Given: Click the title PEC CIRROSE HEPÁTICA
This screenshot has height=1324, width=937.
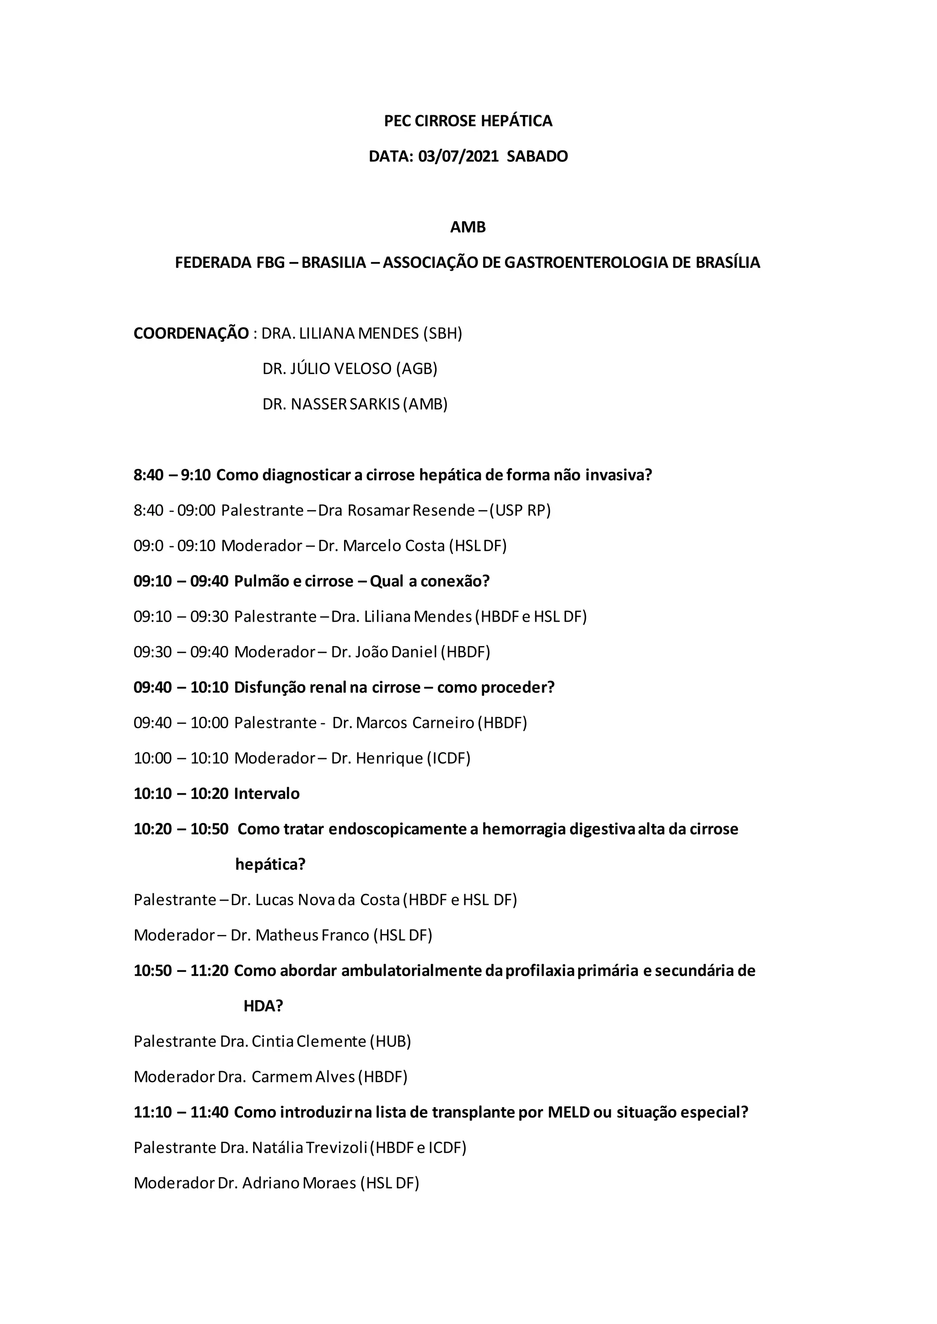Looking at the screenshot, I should click(x=468, y=121).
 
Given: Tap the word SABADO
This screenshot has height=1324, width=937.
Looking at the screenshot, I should click(x=537, y=156).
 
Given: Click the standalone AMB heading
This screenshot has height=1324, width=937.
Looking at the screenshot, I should click(x=468, y=227).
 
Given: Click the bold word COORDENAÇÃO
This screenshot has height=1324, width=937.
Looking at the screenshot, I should click(x=191, y=333).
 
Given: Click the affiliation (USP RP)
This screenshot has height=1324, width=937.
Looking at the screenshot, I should click(x=520, y=510).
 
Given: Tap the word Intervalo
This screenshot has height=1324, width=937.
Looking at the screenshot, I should click(x=267, y=794).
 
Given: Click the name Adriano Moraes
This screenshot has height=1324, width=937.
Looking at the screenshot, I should click(x=299, y=1183).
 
